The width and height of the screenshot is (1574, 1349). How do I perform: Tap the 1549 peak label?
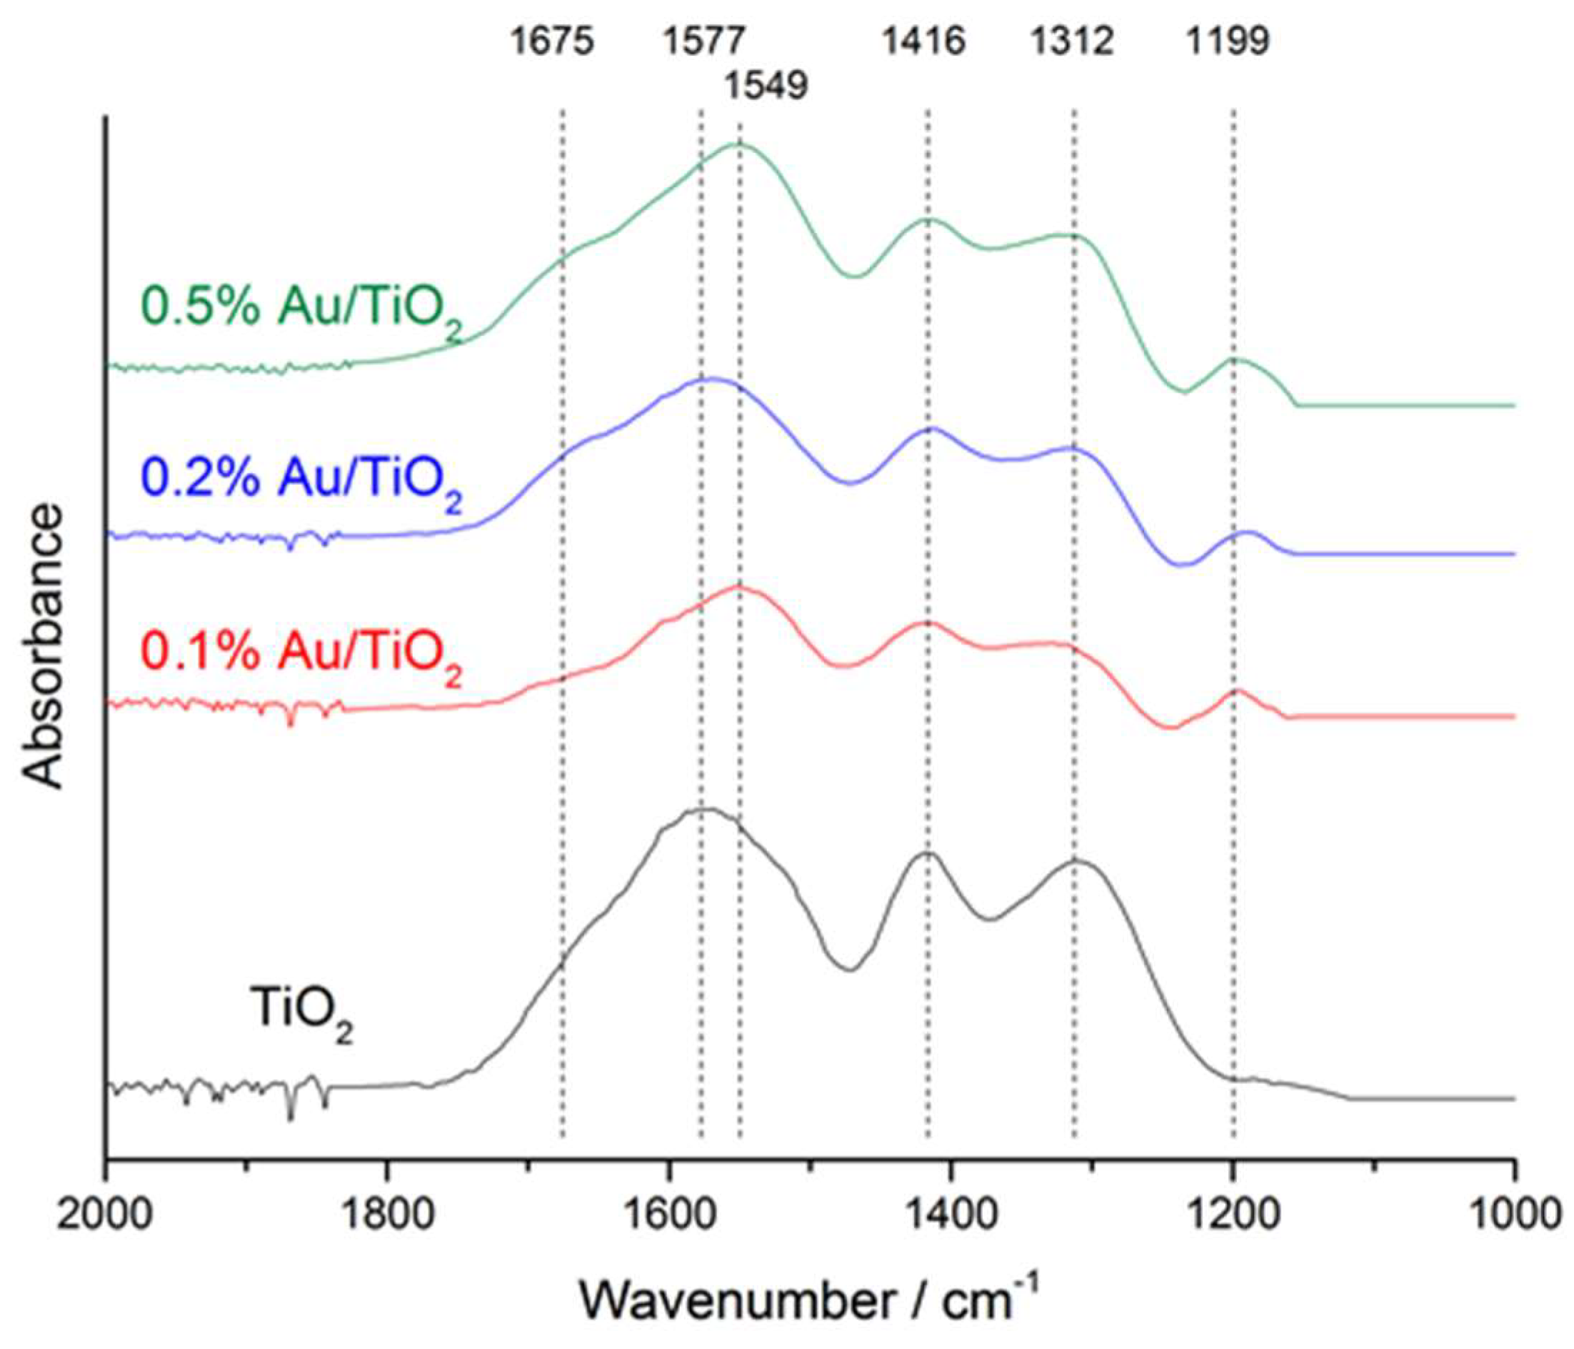[x=765, y=86]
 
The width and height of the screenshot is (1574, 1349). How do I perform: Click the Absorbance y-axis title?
[x=43, y=646]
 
